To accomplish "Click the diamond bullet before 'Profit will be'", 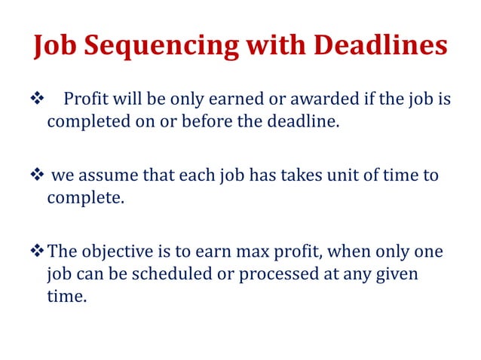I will pyautogui.click(x=35, y=99).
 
